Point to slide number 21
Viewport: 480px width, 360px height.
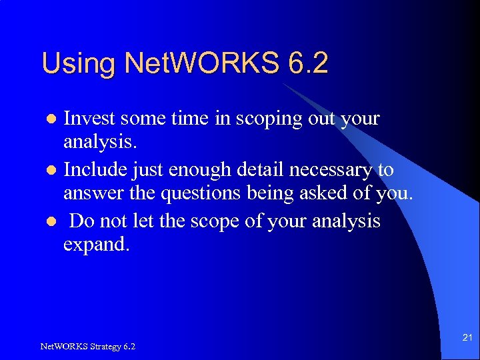click(467, 339)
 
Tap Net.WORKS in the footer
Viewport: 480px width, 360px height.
click(60, 346)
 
